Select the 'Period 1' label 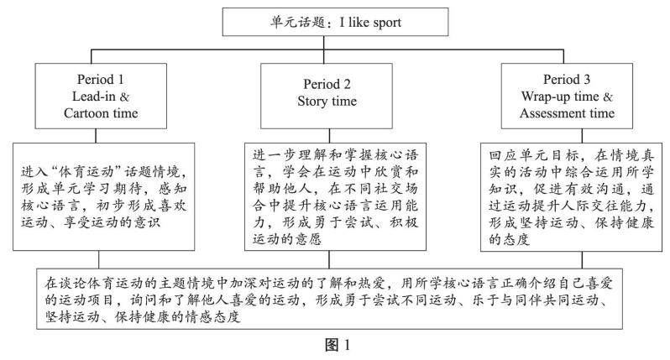coord(99,81)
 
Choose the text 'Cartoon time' coord(99,112)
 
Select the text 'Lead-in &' coord(99,96)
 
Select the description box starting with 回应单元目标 coord(565,198)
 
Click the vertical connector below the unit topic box coord(335,47)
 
